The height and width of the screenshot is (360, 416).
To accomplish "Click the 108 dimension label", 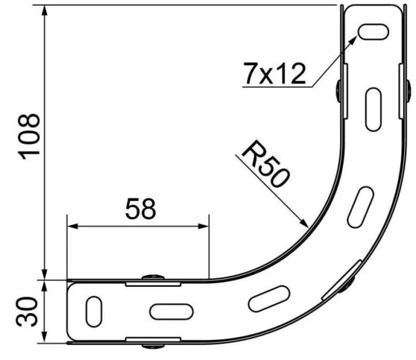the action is coord(29,137).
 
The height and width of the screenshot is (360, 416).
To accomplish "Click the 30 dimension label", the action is coord(27,311).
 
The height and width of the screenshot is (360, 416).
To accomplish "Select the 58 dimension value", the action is coord(141,209).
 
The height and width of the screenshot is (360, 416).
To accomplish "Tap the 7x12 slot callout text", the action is coord(275,73).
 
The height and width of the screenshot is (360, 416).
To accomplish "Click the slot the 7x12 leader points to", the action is coord(373,31).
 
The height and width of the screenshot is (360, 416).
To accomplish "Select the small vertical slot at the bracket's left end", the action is coord(94,311).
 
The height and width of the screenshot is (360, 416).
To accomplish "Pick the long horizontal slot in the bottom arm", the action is coord(171,311).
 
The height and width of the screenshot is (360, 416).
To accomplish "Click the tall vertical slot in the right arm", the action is coord(373,109).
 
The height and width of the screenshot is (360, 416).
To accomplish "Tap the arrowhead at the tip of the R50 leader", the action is coord(304,222).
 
